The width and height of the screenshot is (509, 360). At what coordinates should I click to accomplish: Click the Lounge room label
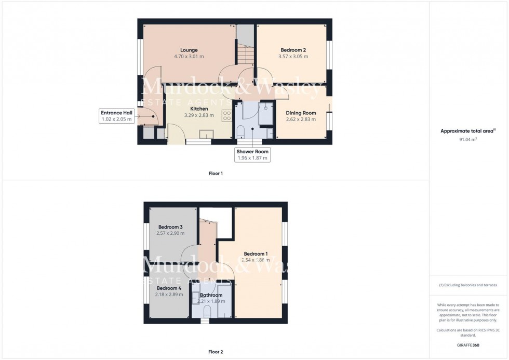[x=189, y=50]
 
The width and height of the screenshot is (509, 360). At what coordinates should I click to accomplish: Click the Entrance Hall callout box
[x=117, y=116]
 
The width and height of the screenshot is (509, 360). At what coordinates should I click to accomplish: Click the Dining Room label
[x=302, y=113]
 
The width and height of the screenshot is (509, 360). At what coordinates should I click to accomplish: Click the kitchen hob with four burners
[x=227, y=115]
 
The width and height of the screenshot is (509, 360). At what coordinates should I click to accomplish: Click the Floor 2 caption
[x=216, y=352]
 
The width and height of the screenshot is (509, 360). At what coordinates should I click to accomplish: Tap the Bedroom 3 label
[x=170, y=227]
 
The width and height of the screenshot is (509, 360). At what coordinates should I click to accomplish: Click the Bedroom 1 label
[x=256, y=254]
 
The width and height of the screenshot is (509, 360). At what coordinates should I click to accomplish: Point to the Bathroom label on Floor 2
[x=210, y=295]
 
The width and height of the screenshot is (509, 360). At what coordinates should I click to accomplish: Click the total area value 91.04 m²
[x=468, y=140]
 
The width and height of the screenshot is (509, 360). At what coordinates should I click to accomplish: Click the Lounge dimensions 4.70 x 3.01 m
[x=189, y=57]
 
